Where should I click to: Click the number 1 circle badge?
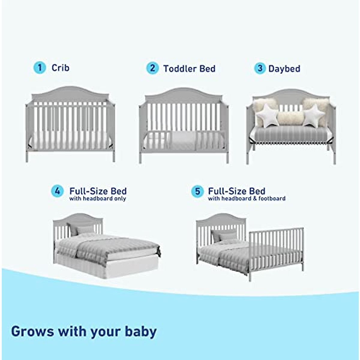[39, 67]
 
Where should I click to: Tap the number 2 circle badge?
[152, 68]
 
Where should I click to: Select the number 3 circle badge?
[260, 68]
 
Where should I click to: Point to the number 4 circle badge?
[57, 191]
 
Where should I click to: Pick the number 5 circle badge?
[197, 191]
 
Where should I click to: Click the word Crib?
[60, 68]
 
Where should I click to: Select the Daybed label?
[284, 69]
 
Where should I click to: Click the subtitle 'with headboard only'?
[97, 199]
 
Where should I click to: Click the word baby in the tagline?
[141, 331]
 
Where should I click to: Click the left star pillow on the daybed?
[268, 116]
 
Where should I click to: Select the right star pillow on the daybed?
[313, 115]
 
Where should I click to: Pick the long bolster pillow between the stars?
[290, 118]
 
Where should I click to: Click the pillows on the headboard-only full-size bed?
[81, 229]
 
